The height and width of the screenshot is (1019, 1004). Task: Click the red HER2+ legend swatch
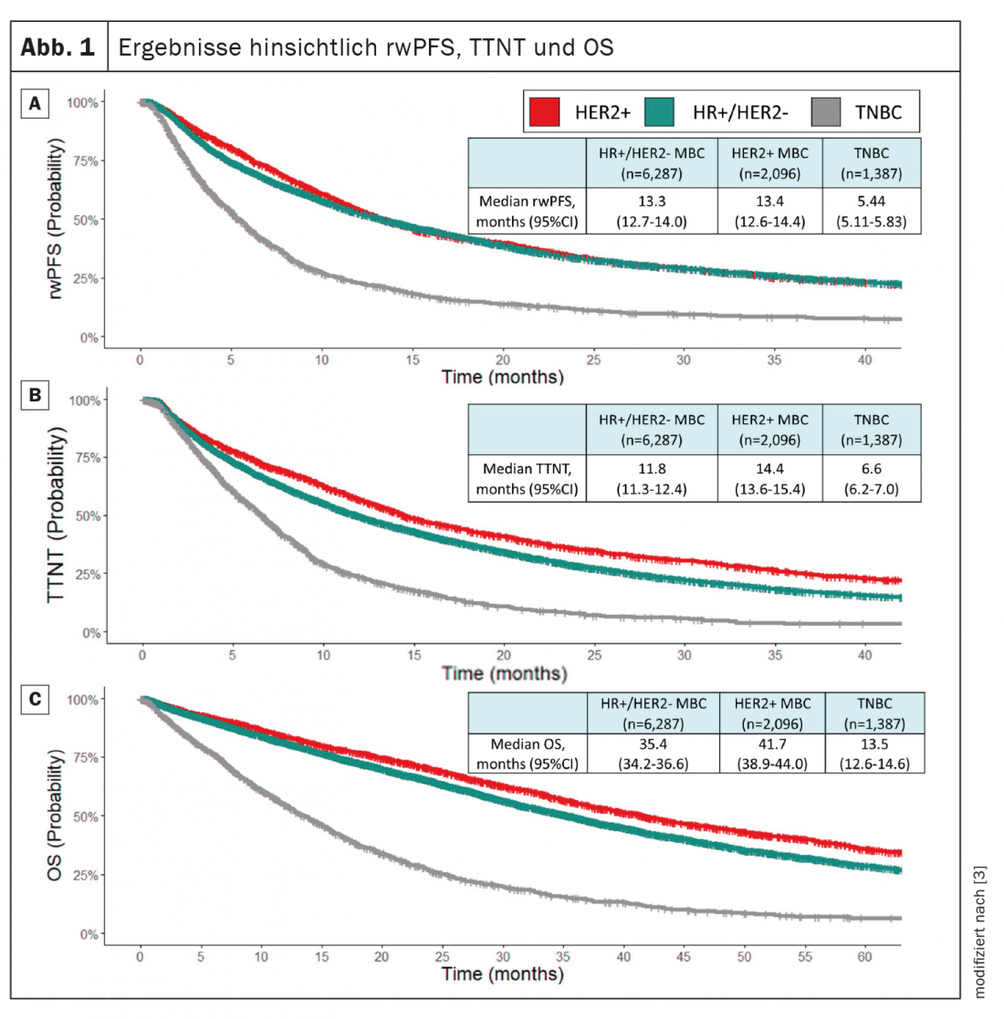click(545, 112)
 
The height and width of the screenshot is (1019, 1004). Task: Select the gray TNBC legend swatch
click(825, 112)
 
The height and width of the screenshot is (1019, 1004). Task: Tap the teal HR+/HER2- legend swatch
click(659, 112)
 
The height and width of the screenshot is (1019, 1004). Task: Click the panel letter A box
click(35, 104)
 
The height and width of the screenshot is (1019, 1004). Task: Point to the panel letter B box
click(35, 396)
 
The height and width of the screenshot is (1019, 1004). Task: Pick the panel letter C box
click(35, 699)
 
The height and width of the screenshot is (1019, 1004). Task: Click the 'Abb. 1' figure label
click(58, 47)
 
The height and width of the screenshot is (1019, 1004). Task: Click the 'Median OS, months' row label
click(528, 754)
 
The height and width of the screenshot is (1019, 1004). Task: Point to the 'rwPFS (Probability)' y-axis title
click(58, 220)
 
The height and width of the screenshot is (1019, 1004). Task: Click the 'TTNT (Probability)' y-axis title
click(58, 515)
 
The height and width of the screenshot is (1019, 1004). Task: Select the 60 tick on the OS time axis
click(864, 957)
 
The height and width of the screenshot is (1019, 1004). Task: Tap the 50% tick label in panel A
click(83, 220)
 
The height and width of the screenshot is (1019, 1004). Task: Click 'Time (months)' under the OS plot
click(502, 974)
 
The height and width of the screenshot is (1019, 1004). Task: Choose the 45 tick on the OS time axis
click(684, 957)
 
